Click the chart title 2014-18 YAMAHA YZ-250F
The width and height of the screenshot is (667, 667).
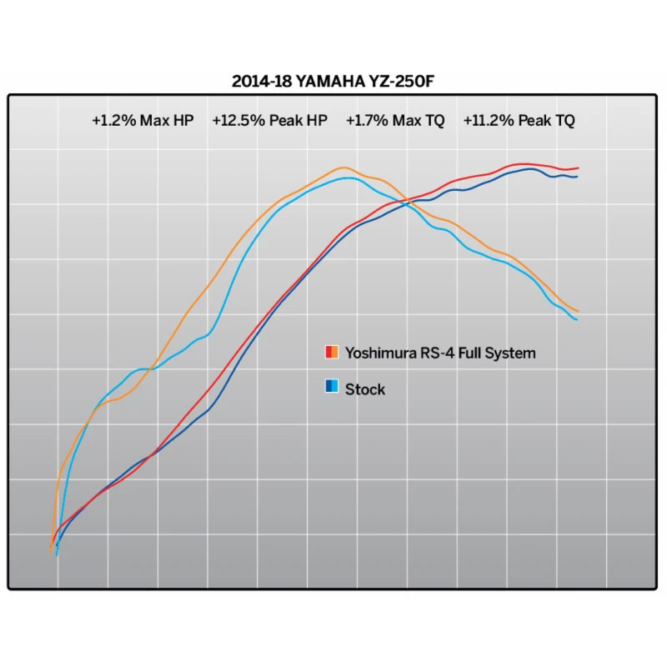333,82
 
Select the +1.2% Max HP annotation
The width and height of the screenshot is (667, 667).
143,121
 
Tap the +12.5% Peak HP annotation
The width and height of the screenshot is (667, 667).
269,121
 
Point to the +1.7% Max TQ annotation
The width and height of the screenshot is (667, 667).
395,121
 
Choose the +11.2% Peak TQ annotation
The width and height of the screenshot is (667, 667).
519,121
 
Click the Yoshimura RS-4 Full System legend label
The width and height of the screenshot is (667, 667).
440,353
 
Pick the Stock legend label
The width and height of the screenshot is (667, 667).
365,389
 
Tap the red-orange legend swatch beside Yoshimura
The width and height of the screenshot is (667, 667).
331,353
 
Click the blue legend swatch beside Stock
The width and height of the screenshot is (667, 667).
331,388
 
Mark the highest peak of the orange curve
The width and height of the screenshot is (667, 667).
344,168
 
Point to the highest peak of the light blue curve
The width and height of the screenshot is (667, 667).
352,178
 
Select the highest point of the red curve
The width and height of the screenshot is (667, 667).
522,164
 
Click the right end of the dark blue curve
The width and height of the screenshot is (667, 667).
577,177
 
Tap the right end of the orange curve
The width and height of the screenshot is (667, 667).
578,312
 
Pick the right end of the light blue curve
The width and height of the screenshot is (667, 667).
577,320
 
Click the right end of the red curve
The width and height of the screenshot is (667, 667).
578,168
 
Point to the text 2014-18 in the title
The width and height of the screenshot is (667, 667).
256,82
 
